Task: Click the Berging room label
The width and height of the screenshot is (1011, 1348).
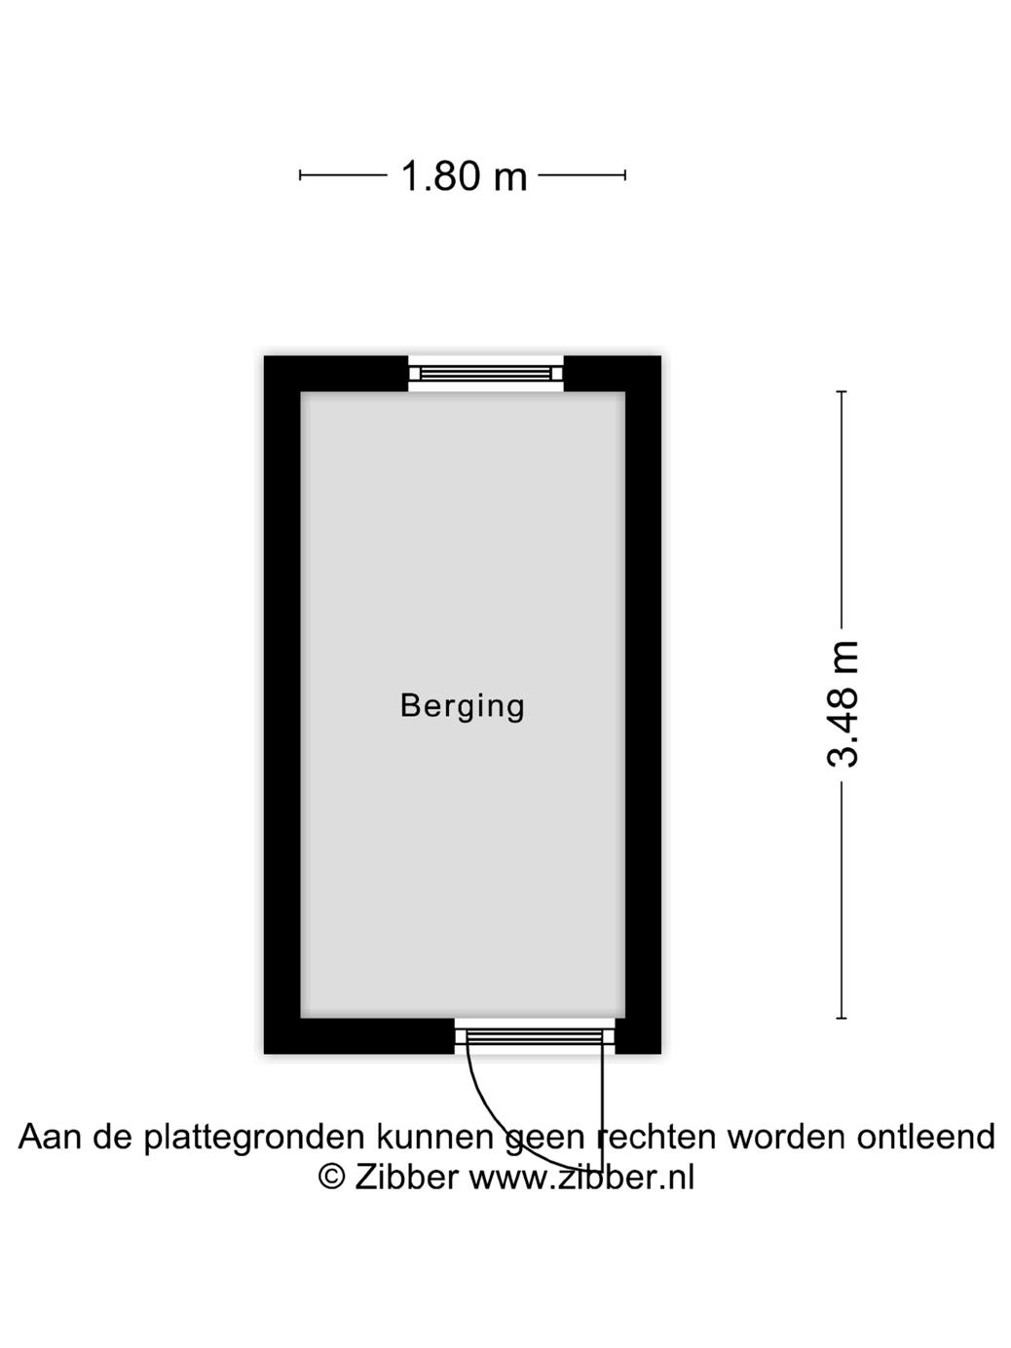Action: pos(463,705)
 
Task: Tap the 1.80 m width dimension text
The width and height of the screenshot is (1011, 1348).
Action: pos(464,176)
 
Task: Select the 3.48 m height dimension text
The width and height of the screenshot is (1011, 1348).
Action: pos(843,704)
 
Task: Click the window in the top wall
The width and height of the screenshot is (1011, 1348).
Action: pos(486,373)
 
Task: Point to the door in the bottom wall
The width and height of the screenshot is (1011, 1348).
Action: pos(535,1035)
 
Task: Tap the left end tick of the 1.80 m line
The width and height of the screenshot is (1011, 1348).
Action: pos(300,175)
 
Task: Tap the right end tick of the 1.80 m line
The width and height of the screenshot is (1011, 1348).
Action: pos(625,175)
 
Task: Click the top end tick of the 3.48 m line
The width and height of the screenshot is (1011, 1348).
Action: pos(842,392)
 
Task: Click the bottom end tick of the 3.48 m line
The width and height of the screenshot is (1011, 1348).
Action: pos(842,1019)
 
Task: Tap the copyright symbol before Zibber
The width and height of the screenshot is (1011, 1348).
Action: pos(332,1177)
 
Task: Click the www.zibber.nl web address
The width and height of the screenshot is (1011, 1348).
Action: pos(581,1177)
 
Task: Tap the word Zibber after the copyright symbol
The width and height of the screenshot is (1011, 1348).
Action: pos(406,1177)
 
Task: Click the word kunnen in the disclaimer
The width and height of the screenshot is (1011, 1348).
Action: pos(436,1137)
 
